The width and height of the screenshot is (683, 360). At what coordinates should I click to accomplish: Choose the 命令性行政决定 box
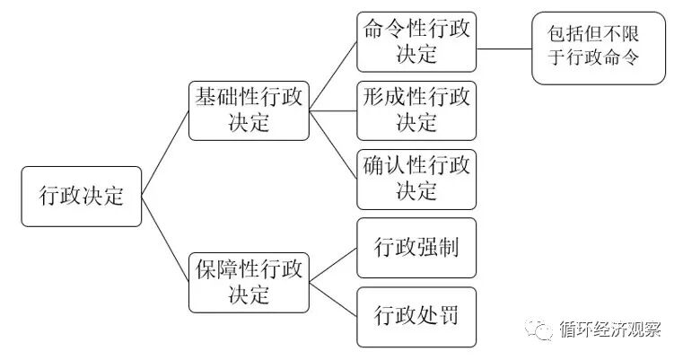[x=416, y=41]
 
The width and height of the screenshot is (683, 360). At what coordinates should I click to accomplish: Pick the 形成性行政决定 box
[x=416, y=110]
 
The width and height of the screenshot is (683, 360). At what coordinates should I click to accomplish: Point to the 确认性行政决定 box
[x=416, y=179]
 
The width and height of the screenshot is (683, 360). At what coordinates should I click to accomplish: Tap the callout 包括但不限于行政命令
[x=598, y=48]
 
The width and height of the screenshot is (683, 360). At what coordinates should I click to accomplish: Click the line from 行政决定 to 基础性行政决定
[x=165, y=154]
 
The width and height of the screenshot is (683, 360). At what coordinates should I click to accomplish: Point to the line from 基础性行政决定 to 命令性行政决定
[x=332, y=76]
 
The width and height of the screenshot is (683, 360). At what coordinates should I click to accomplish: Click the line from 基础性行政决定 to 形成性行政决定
[x=332, y=110]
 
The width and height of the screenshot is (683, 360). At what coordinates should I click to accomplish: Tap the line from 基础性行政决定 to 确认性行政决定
[x=332, y=145]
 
